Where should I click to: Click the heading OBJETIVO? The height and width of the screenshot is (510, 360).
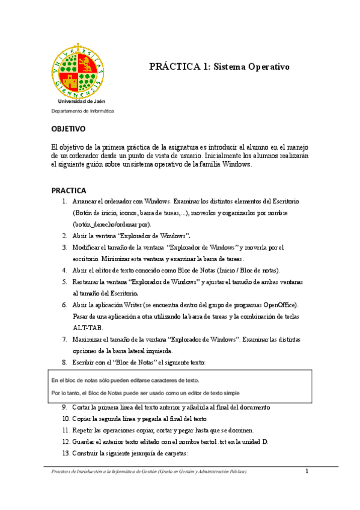point(69,129)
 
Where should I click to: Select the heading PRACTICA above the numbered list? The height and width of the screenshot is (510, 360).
point(69,190)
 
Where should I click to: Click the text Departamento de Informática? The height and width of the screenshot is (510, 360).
point(82,111)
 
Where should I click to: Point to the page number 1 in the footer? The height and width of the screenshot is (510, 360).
point(307,471)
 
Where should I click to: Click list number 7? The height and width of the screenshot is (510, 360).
point(64,339)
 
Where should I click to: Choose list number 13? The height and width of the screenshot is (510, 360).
point(65,453)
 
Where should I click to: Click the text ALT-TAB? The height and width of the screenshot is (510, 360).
point(88,328)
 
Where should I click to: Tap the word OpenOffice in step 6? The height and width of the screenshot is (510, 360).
point(279,305)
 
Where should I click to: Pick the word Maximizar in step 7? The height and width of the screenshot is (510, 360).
point(88,339)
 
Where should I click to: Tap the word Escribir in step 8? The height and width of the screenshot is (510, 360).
point(85,362)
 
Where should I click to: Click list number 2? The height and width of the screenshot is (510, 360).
point(64,236)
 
